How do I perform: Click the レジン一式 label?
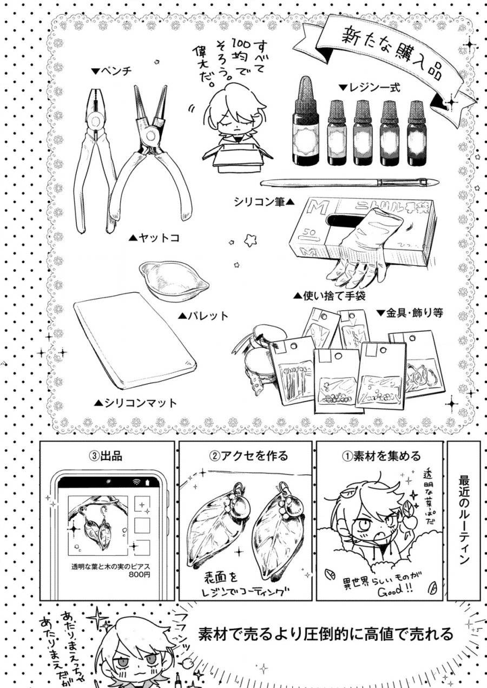[370, 87]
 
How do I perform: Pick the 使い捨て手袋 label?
[330, 296]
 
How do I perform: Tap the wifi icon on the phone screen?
[136, 482]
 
